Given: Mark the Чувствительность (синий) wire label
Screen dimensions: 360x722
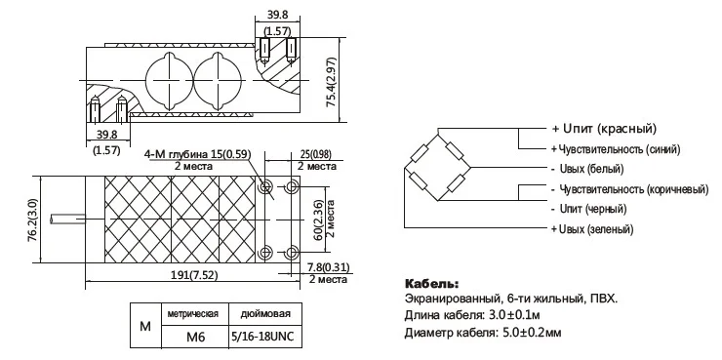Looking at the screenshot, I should pyautogui.click(x=616, y=149).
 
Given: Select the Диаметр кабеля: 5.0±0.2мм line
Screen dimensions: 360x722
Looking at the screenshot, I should pyautogui.click(x=481, y=334).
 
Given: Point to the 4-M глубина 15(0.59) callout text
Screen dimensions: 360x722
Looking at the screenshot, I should pyautogui.click(x=198, y=154).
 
